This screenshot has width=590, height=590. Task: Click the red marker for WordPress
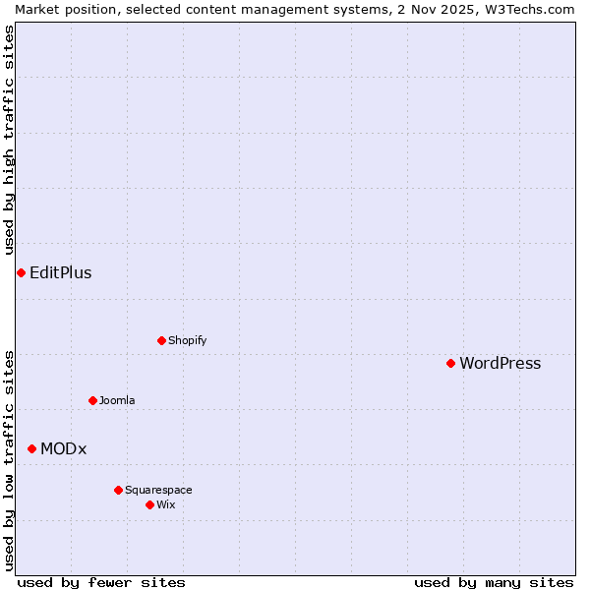click(450, 363)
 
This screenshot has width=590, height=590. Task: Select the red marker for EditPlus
click(21, 272)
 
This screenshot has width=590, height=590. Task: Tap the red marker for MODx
click(31, 448)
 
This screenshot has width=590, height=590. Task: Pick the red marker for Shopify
click(161, 340)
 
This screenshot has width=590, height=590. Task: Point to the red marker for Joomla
click(92, 400)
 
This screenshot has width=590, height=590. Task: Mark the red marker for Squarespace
click(118, 490)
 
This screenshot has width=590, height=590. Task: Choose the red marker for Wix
click(149, 504)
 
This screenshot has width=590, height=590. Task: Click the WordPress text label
click(500, 363)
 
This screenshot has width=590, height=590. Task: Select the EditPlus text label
click(60, 272)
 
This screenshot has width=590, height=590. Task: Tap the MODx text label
click(63, 448)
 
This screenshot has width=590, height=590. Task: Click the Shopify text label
click(187, 340)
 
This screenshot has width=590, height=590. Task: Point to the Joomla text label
click(117, 400)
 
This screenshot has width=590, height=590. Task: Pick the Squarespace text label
click(158, 490)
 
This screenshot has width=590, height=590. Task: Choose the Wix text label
click(165, 504)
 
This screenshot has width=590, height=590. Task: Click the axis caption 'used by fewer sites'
click(101, 582)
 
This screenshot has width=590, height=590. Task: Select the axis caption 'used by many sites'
click(494, 582)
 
